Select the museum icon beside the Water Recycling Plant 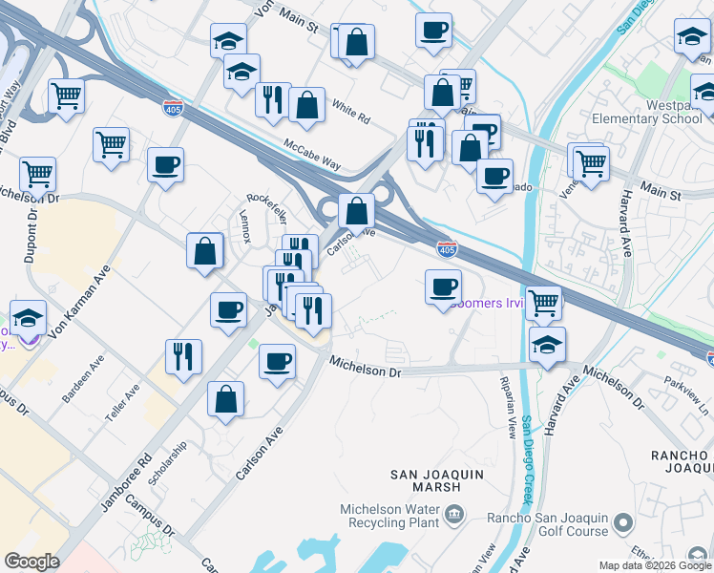(453, 517)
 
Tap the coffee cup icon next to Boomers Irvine (442, 286)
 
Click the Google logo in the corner (32, 561)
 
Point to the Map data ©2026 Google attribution (654, 565)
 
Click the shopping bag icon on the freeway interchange (356, 208)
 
